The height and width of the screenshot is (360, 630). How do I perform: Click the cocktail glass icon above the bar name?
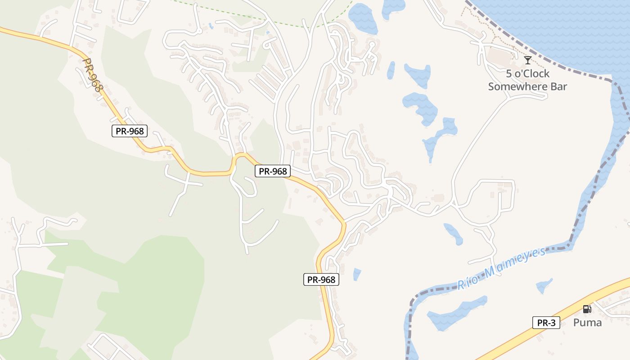527,60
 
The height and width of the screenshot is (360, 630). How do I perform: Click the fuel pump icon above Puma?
587,309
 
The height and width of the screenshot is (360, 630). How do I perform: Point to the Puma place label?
587,322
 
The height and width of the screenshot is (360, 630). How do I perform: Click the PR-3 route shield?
546,323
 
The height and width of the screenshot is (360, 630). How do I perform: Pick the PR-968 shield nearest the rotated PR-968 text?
130,131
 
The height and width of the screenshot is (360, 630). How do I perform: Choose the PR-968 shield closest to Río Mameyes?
321,279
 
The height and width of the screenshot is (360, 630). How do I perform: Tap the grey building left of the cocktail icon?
499,56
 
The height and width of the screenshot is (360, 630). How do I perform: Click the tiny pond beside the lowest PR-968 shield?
356,274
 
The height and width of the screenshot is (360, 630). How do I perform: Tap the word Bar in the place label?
559,86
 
